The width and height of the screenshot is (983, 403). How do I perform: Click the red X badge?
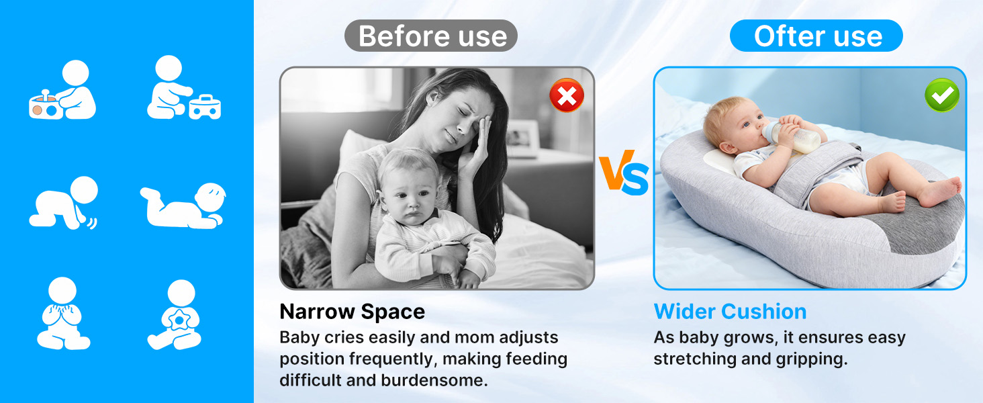567,95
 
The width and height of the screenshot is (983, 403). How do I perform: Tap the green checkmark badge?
942,95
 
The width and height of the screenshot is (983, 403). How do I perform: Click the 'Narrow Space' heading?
352,312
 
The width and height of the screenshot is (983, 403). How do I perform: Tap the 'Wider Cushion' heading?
731,312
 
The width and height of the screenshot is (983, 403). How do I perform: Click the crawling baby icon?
64,203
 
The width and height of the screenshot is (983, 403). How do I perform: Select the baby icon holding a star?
175,314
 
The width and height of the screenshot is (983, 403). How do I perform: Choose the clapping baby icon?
63,313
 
